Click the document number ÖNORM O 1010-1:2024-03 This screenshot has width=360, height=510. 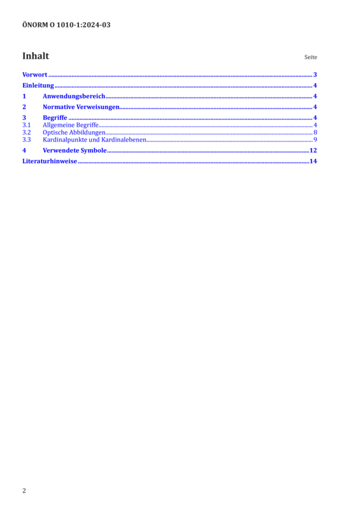click(66, 25)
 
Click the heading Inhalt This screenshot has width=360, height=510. click(36, 56)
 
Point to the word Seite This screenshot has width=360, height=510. click(310, 57)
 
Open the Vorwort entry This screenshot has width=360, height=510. click(35, 75)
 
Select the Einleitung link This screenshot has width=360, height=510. click(38, 85)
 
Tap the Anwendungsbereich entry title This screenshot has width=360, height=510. click(74, 96)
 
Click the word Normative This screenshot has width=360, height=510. click(59, 107)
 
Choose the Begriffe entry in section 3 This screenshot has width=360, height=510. click(55, 118)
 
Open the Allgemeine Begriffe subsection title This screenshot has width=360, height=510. click(71, 125)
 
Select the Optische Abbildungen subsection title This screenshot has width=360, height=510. click(74, 133)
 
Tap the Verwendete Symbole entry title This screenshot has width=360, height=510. click(75, 150)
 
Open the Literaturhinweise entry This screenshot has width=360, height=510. click(50, 161)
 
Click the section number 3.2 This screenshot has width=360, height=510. click(26, 133)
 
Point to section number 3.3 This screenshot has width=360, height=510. click(26, 140)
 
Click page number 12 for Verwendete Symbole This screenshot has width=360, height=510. click(313, 150)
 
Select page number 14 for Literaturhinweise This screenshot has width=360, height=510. click(313, 161)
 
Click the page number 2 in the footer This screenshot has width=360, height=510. click(24, 491)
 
